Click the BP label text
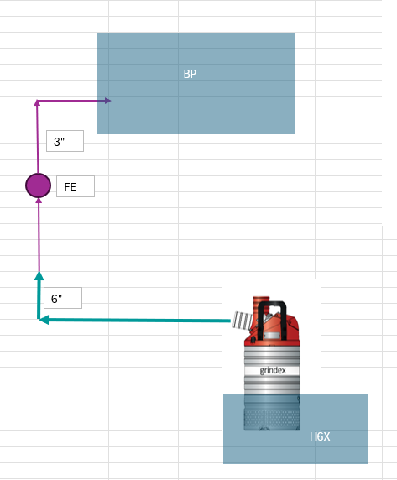coord(190,74)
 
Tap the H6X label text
coord(320,436)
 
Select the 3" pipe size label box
coord(65,141)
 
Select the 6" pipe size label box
coord(63,298)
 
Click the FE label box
coord(76,186)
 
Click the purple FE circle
coord(39,185)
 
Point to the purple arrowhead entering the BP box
coord(107,101)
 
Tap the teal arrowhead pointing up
coord(39,276)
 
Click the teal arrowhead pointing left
coord(44,320)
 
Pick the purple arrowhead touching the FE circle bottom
coord(39,201)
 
